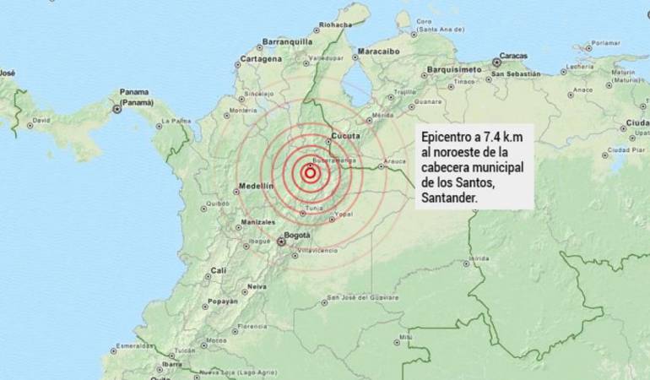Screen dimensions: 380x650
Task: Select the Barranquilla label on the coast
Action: coord(287,41)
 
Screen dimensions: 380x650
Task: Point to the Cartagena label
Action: coord(260,59)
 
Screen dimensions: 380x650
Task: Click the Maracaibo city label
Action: coord(378,52)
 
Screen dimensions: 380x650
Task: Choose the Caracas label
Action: coord(512,57)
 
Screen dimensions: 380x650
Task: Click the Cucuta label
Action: coord(346,135)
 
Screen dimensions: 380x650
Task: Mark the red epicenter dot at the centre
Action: coord(310,174)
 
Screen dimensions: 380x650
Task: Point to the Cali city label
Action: coord(219,270)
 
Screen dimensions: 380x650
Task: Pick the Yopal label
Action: coord(344,214)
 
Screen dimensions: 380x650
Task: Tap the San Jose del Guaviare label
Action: coord(358,297)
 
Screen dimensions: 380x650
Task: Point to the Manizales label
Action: coord(258,221)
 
